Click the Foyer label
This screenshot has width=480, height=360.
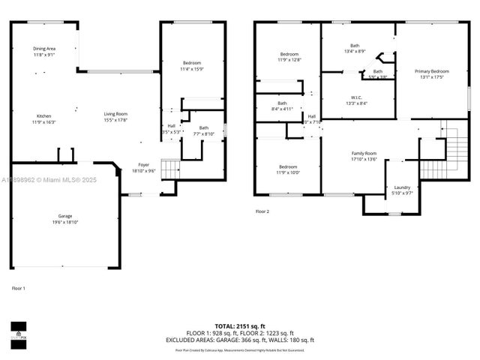coord(143,167)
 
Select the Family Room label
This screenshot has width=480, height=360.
coord(364,156)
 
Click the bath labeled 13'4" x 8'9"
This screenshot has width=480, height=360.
coord(355,48)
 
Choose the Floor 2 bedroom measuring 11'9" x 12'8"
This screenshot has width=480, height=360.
coord(289,57)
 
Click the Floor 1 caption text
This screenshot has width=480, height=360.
coord(19,289)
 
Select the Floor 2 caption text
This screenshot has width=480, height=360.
coord(262,211)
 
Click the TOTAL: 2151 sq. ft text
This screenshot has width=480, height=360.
coord(240,327)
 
